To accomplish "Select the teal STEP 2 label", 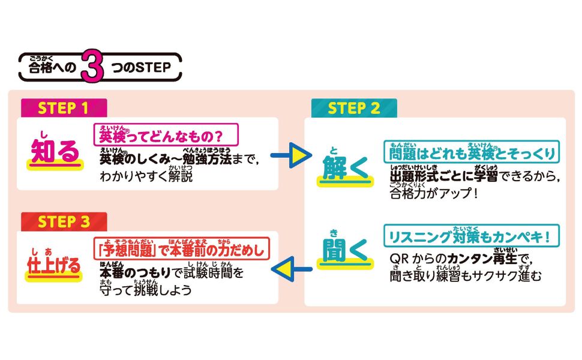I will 354,108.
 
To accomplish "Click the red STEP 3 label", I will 64,221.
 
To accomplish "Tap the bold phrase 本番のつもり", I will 134,273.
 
